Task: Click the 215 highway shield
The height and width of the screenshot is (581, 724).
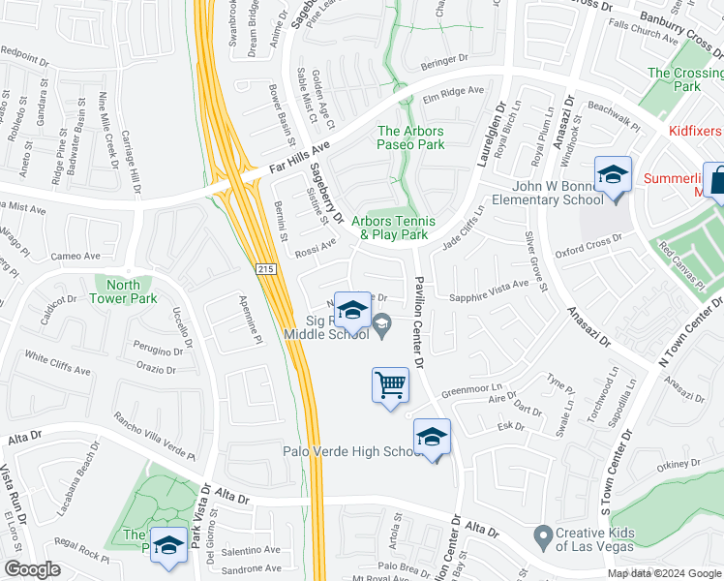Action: [266, 268]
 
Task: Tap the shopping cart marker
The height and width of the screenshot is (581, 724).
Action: [390, 385]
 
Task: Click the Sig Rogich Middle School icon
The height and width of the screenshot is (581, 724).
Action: [352, 310]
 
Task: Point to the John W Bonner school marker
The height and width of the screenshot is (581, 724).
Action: [612, 176]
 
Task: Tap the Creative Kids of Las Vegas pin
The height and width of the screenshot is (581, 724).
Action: [542, 535]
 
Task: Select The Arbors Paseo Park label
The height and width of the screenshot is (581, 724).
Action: [411, 138]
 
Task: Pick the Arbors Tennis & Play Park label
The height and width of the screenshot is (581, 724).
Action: [393, 228]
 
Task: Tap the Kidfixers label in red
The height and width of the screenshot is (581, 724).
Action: [695, 130]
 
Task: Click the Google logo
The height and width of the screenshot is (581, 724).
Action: [32, 569]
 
